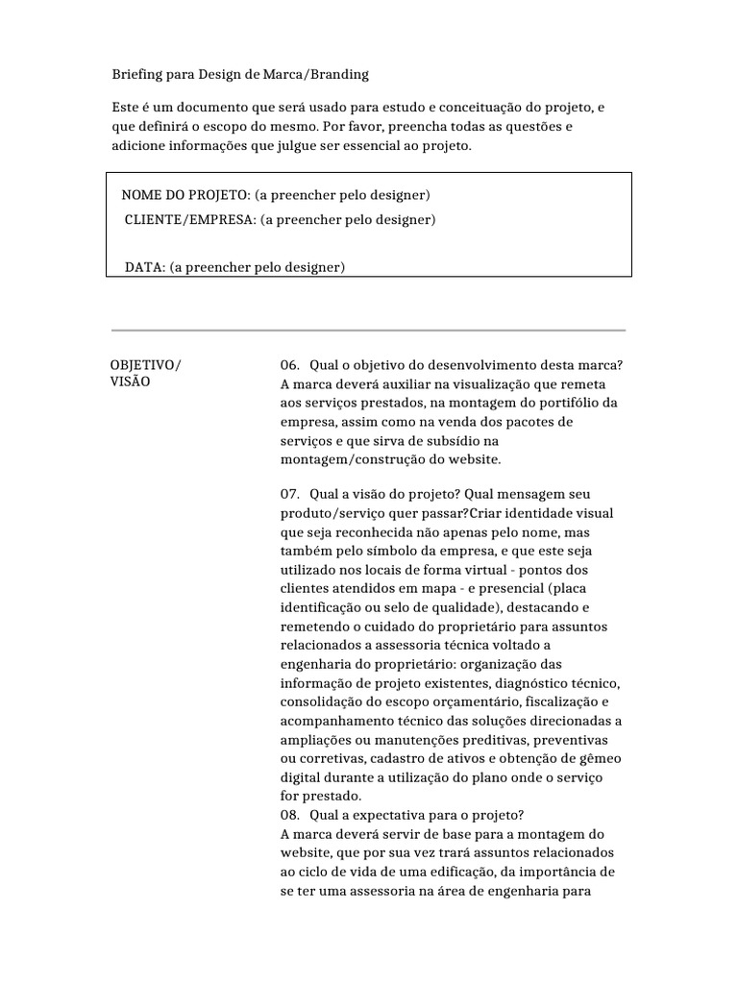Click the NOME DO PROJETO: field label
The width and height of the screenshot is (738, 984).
click(185, 195)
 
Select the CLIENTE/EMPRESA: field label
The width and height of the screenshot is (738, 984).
click(190, 219)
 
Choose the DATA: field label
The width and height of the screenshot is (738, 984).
click(145, 267)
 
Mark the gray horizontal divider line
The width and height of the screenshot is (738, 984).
click(368, 331)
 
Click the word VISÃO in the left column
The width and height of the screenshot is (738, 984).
click(131, 381)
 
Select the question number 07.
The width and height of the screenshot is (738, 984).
click(289, 493)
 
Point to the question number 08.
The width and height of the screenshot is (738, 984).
click(289, 815)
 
